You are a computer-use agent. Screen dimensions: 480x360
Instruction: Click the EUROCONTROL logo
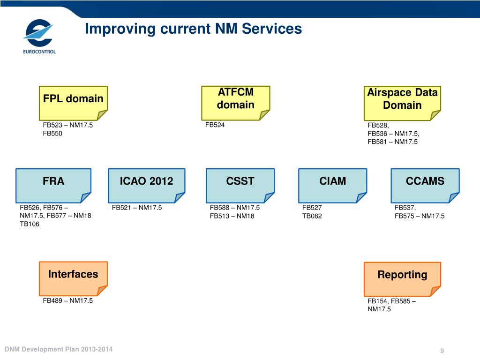point(39,37)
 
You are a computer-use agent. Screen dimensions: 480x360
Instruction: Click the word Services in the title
point(272,29)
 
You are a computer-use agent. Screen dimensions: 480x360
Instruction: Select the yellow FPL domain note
point(73,103)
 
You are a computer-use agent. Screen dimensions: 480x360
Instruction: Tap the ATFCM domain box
point(235,103)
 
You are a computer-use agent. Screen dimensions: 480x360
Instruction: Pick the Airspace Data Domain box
point(402,104)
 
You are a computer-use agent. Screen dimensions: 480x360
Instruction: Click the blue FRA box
point(53,186)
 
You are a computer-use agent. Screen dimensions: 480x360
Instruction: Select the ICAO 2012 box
point(146,186)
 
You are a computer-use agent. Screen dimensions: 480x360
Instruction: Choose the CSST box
point(240,186)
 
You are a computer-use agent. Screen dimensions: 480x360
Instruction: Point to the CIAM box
point(332,186)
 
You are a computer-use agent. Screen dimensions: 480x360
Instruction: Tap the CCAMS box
point(425,186)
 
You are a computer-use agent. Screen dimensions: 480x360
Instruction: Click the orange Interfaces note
point(73,279)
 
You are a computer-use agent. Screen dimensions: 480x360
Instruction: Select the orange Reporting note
point(402,279)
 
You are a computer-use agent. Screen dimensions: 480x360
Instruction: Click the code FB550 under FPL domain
point(52,134)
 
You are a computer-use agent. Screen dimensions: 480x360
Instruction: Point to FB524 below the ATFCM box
point(215,125)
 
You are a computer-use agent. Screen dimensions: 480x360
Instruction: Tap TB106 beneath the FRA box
point(30,224)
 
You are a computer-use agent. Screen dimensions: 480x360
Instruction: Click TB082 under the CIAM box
point(312,216)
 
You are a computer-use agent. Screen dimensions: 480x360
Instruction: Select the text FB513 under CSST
point(219,216)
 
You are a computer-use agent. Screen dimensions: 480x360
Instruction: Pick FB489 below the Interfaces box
point(52,300)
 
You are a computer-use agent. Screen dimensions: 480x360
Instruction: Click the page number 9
point(442,351)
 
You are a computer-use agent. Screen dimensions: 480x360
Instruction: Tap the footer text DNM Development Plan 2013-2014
point(59,349)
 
